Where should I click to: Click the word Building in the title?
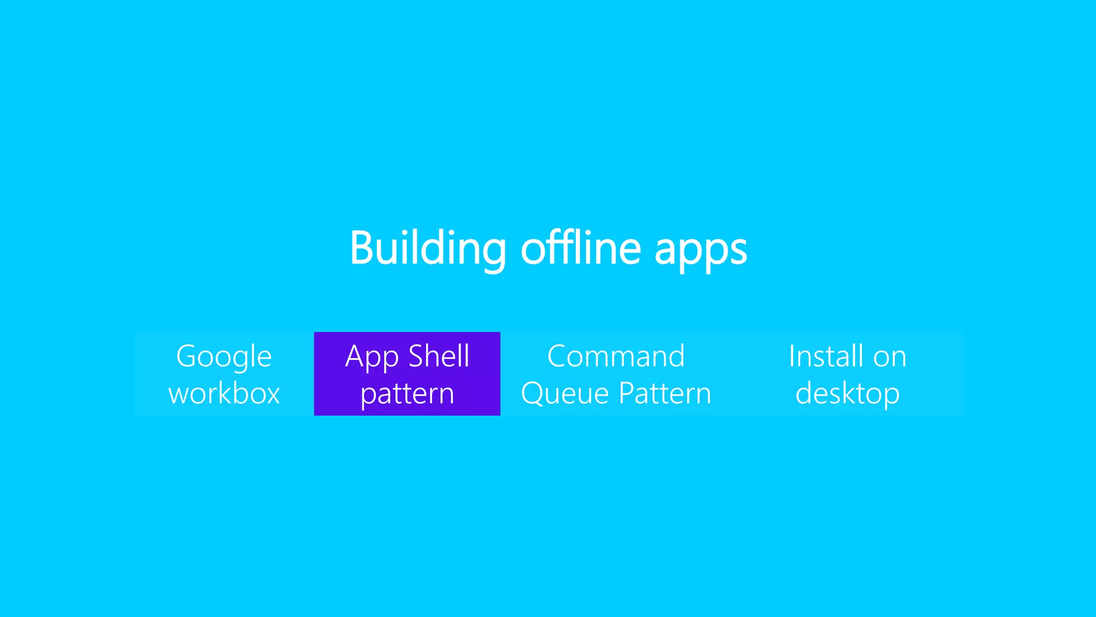[x=427, y=248]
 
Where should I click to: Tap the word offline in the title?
[x=581, y=248]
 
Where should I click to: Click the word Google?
[x=224, y=357]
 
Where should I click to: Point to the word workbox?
[x=224, y=394]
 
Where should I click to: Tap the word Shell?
[x=439, y=356]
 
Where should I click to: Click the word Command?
[x=616, y=356]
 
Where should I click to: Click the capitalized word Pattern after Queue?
[x=665, y=394]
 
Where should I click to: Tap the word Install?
[x=826, y=356]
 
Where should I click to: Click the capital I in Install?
[x=791, y=356]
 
